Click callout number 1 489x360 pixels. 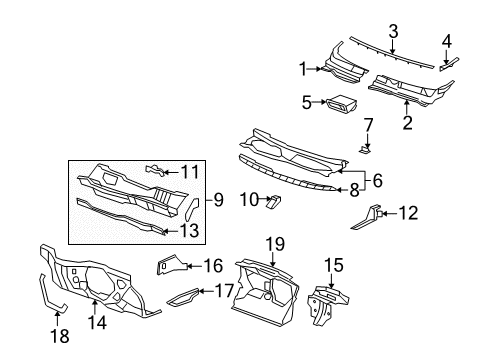303,69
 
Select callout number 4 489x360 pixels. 448,41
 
